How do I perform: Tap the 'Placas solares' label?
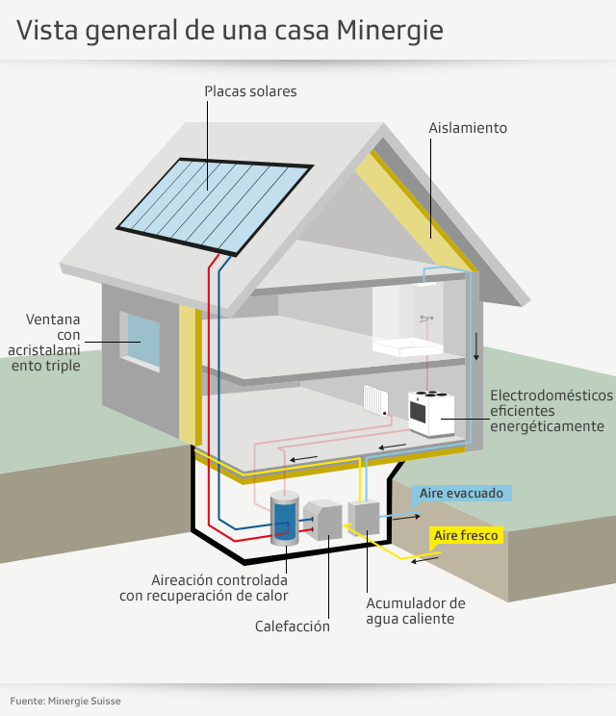tap(250, 91)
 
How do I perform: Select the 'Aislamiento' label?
tap(468, 127)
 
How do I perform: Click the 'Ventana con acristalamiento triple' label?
tap(54, 342)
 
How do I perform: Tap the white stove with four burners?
tap(431, 411)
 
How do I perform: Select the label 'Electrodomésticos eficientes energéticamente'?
tap(551, 411)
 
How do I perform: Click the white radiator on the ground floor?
tap(374, 400)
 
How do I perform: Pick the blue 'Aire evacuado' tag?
tap(461, 493)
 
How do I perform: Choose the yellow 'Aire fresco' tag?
tap(467, 535)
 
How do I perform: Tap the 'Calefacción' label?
tap(293, 626)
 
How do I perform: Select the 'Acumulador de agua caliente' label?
tap(415, 611)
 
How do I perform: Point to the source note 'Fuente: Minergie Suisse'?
tap(66, 701)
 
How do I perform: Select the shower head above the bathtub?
tap(427, 318)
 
